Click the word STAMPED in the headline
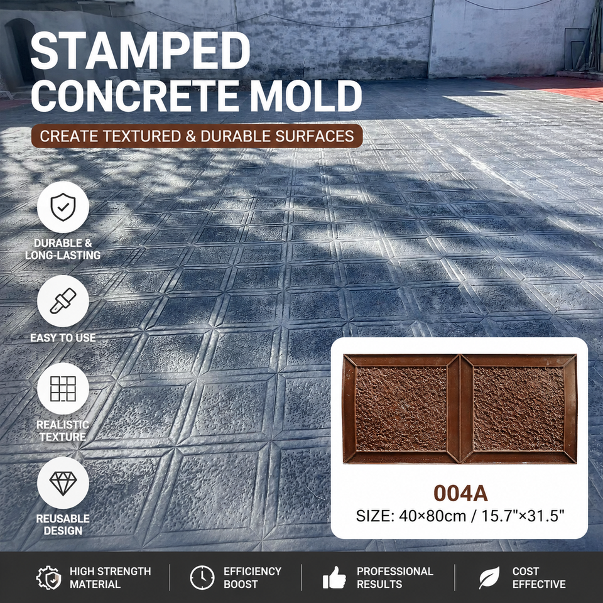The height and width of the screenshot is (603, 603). [140, 50]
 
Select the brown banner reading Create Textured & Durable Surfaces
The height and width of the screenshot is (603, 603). [197, 136]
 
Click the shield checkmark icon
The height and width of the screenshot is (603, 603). [63, 207]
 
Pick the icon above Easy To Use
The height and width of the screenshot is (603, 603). [63, 301]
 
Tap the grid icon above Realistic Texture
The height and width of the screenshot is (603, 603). [63, 389]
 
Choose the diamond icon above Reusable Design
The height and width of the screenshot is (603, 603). [63, 482]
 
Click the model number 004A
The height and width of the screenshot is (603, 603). [460, 493]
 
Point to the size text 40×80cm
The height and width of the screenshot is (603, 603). [432, 516]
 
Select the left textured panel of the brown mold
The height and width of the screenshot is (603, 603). [401, 409]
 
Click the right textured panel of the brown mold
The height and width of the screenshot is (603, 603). [519, 409]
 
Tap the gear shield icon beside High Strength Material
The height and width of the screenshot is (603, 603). [49, 577]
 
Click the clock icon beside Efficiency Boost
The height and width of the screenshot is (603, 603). [202, 577]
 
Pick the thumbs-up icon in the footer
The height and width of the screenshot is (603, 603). [334, 577]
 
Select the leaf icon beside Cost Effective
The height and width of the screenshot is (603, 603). [489, 577]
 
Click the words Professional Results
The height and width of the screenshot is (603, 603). [395, 578]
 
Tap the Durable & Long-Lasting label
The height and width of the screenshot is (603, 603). [63, 249]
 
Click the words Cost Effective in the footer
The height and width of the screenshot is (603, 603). [539, 578]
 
